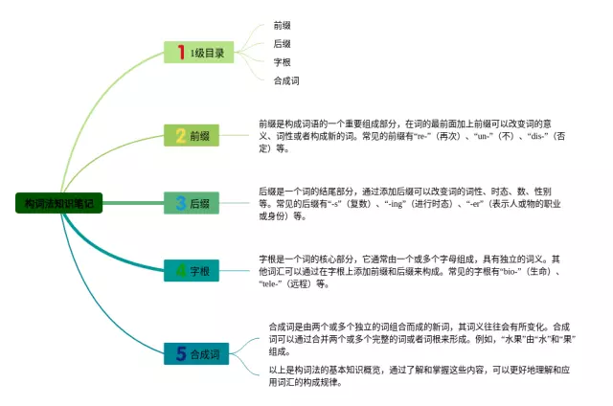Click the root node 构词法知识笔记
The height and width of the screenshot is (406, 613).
tap(59, 203)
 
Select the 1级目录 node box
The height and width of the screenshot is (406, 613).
tap(199, 53)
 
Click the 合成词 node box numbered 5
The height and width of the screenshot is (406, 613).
tap(196, 354)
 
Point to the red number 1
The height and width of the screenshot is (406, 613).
tap(180, 53)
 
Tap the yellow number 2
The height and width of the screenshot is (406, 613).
tap(180, 136)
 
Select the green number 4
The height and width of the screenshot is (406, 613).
tap(181, 272)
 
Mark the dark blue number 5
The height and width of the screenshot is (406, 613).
tap(180, 354)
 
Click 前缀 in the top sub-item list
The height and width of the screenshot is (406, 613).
tap(282, 26)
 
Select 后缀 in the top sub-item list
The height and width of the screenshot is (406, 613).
tap(282, 44)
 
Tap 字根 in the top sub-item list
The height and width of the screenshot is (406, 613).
tap(282, 62)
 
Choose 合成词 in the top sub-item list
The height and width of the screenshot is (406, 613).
tap(285, 80)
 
